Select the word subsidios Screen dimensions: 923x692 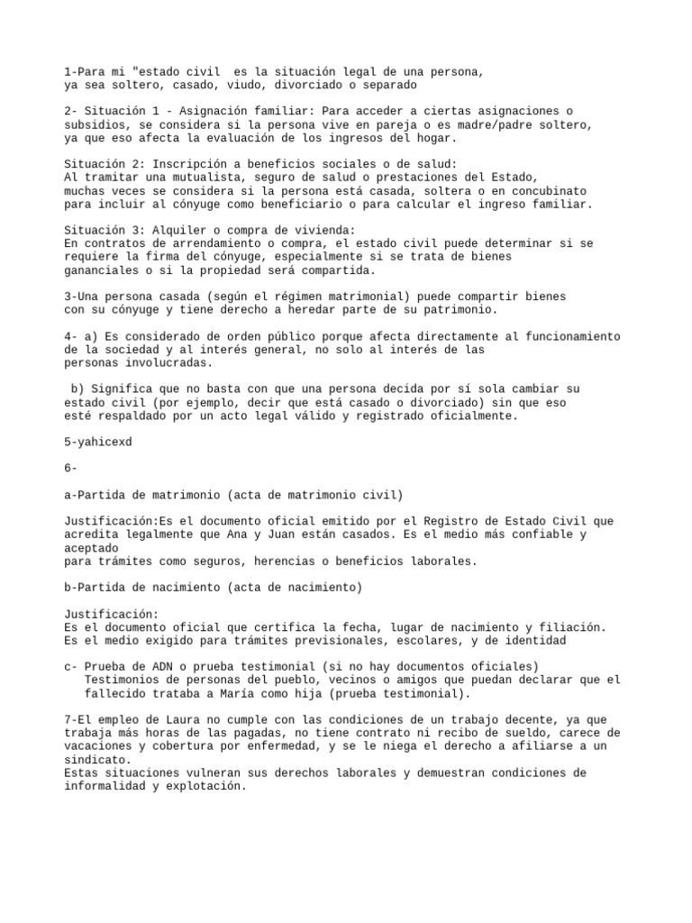(95, 124)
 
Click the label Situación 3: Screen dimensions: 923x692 (103, 231)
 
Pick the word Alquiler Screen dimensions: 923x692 (180, 231)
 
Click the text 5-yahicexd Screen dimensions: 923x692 (98, 442)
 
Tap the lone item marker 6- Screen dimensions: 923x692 (71, 468)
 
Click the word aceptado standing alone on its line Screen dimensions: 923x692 (91, 548)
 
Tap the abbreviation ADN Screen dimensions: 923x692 (158, 666)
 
